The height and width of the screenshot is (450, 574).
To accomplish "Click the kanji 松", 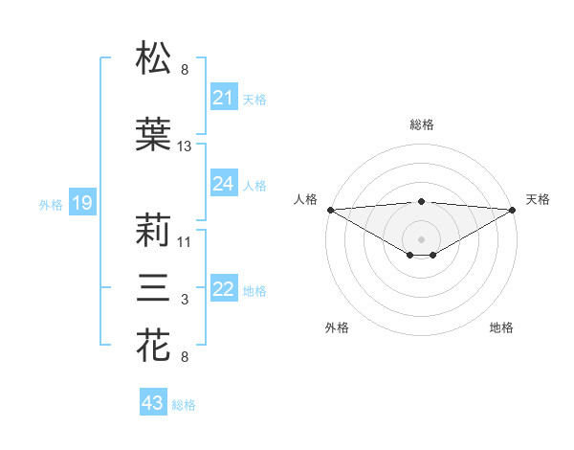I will coord(154,58).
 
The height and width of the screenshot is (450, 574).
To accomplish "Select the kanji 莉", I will coord(154,231).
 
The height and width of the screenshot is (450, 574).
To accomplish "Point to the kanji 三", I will coord(154,288).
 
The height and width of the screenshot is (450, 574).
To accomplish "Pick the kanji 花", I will coord(154,345).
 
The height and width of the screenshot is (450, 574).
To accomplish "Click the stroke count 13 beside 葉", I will coord(185,146).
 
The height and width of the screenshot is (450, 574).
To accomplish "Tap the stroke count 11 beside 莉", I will coord(185,242).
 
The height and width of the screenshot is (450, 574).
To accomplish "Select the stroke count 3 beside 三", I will coord(185,301).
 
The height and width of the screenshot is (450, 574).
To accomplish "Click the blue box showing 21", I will coord(223,98).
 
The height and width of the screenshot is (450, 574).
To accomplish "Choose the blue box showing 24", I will coord(223,184).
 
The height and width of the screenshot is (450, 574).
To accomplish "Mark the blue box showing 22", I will coord(223,290).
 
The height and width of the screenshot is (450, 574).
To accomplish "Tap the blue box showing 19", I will coord(81,203).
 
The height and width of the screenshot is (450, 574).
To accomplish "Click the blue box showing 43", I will coord(152,403).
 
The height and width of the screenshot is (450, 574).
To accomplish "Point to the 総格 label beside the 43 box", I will coord(184,405).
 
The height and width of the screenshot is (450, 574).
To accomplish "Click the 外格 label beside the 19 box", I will coord(50,204).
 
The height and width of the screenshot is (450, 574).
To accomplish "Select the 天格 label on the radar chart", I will coord(538,199).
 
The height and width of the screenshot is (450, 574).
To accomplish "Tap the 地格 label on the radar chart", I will coord(501,327).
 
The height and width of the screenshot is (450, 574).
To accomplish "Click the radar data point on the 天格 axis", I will coord(513,210).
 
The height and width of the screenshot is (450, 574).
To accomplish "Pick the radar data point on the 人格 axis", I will coord(330,210).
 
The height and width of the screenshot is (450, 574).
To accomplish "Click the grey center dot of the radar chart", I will coord(421,237).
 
